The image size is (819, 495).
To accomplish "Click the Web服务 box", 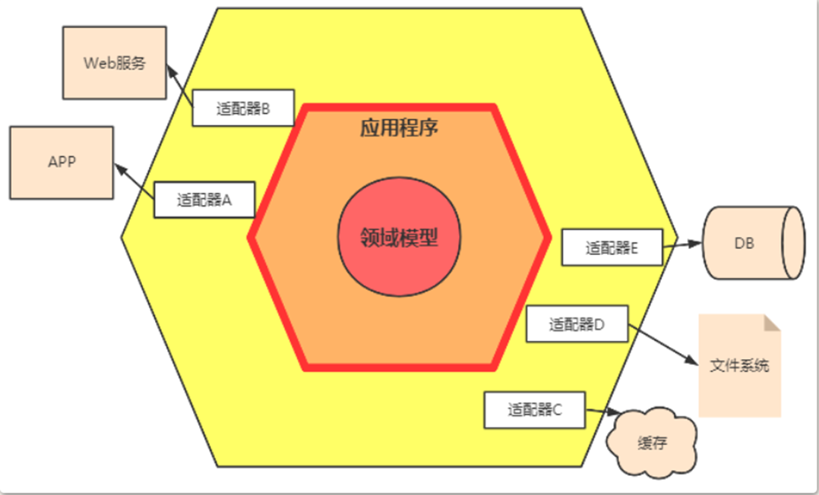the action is [114, 63].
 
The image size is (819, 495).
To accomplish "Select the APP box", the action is [62, 162].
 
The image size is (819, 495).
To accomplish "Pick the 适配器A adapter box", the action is [204, 200].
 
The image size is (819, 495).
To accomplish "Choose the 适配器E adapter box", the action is [612, 247].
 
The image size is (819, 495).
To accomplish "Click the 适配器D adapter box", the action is [577, 324].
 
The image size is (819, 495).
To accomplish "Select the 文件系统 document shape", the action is [739, 366].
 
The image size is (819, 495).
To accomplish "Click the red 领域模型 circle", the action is [399, 238].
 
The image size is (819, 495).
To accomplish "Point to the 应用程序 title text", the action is [399, 128].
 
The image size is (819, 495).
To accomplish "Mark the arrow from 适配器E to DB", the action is [682, 245].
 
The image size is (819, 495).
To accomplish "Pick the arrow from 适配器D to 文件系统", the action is [661, 346].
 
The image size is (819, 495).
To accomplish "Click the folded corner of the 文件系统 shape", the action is [772, 323].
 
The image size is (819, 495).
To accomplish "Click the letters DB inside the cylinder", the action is [745, 244].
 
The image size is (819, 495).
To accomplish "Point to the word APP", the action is [62, 162].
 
